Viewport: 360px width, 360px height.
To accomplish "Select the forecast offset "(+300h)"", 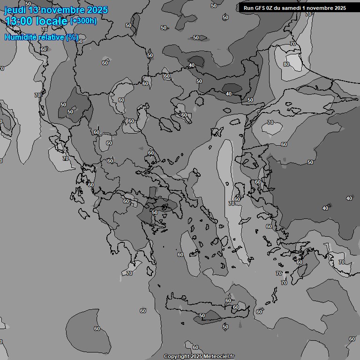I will pos(83,21).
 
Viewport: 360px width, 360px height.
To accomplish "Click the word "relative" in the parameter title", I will pos(51,37).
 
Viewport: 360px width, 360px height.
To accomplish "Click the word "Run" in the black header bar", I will pos(248,8).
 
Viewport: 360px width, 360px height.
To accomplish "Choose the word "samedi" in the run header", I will pos(295,8).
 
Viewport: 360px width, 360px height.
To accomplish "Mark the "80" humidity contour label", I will pos(286,64).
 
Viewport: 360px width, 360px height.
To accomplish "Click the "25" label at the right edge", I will pos(352,339).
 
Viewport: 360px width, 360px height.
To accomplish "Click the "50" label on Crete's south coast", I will pos(202,316).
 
